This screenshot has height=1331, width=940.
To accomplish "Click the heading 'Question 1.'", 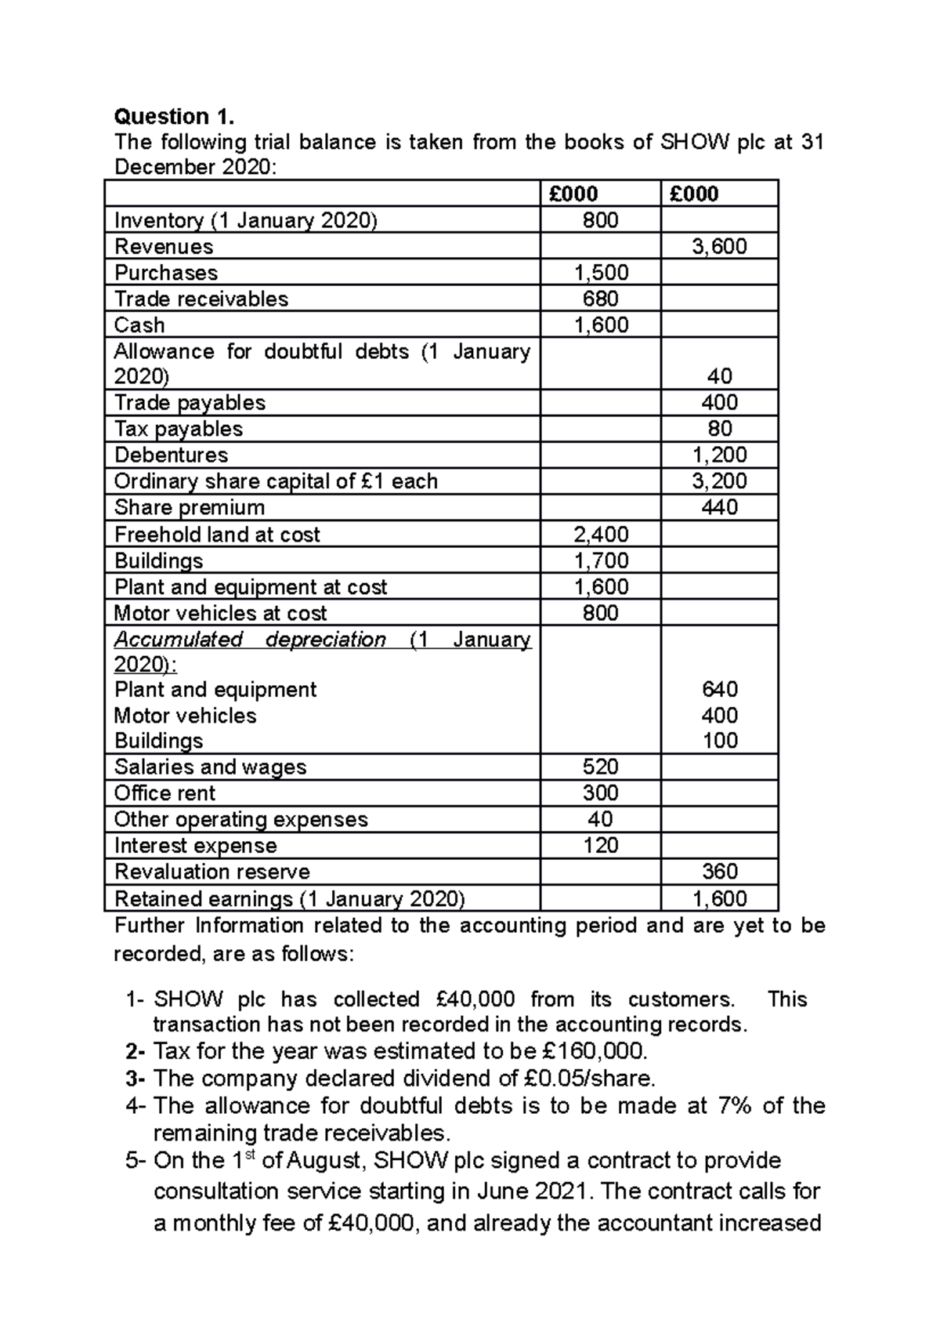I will pos(174,117).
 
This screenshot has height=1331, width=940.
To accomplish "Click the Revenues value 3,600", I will pos(719,246).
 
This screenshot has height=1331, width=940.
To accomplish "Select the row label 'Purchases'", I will pos(166,273).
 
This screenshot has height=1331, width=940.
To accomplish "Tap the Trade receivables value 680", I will pos(600,299).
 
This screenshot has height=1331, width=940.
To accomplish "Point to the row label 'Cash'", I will pos(139,325).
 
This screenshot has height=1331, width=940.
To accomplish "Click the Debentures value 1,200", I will pos(719,455).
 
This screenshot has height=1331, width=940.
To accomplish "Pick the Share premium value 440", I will pos(719,507).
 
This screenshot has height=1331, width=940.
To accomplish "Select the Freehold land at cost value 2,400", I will pos(600,535).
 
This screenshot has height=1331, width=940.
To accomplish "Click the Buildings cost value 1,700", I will pos(600,560).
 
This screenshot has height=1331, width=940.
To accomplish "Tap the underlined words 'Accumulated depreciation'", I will pos(250,640).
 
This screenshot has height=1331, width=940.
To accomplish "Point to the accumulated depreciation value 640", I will pos(719,689).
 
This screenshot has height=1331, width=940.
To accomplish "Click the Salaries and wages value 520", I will pos(600,767).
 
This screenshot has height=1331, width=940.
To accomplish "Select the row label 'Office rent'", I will pos(164,793).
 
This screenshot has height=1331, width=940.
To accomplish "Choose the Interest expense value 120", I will pos(600,845).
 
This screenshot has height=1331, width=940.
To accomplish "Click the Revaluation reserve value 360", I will pos(719,872).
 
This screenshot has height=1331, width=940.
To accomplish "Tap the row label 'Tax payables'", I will pos(179,429).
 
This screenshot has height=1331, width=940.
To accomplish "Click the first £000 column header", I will pos(573,194).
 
